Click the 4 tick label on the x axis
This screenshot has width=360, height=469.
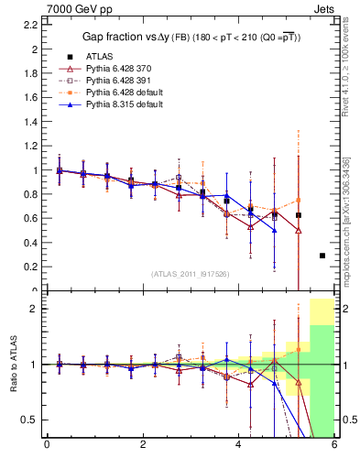point(238,445)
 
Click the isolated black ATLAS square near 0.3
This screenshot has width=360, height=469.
point(322,256)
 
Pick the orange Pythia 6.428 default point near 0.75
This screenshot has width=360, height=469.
point(298,201)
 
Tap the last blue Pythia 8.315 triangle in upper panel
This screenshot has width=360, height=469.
point(274,230)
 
